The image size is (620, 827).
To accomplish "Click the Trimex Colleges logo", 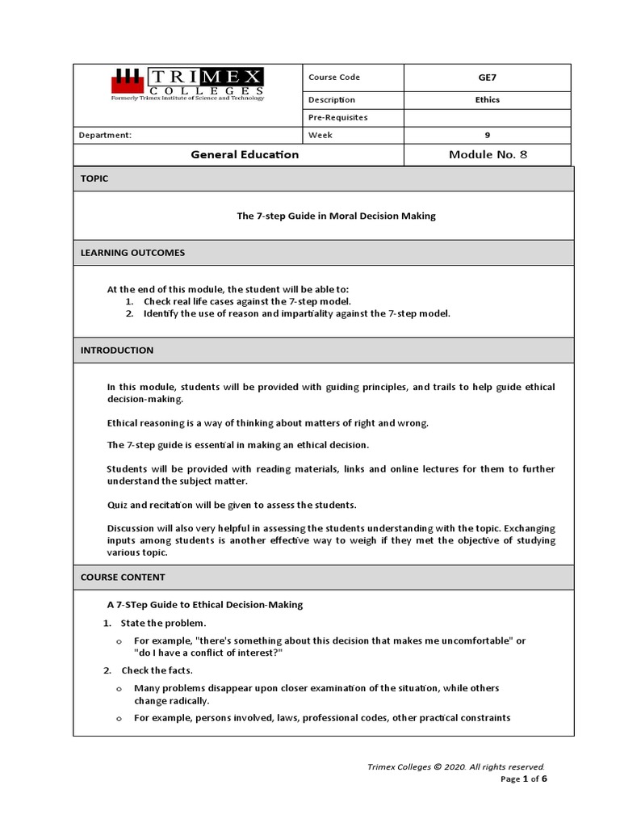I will pyautogui.click(x=187, y=84).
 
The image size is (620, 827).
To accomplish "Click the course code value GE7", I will pyautogui.click(x=488, y=78).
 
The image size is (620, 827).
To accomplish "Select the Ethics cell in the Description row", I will pyautogui.click(x=488, y=100).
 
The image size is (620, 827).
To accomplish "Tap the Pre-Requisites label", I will pyautogui.click(x=337, y=117).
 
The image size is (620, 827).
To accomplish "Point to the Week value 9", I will pyautogui.click(x=488, y=135).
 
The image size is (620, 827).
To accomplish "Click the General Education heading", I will pyautogui.click(x=244, y=154).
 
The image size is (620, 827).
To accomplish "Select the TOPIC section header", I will pyautogui.click(x=94, y=178).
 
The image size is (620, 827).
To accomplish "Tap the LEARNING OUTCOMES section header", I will pyautogui.click(x=132, y=253).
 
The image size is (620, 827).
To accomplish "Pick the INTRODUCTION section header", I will pyautogui.click(x=116, y=351).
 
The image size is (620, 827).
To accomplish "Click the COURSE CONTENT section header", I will pyautogui.click(x=123, y=577).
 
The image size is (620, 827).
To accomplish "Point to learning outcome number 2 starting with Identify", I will pyautogui.click(x=296, y=313).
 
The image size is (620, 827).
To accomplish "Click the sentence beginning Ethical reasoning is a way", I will pyautogui.click(x=268, y=422).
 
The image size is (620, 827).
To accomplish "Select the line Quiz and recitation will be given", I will pyautogui.click(x=232, y=505).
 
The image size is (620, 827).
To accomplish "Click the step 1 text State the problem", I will pyautogui.click(x=164, y=623).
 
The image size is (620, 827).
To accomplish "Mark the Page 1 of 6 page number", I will pyautogui.click(x=524, y=779).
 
